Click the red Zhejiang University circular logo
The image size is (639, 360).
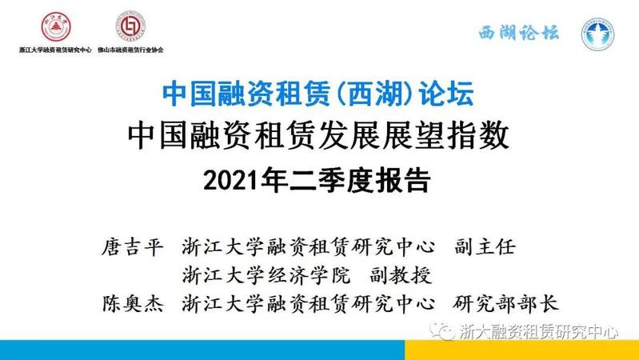(56, 26)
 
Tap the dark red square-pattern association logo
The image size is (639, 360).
(130, 26)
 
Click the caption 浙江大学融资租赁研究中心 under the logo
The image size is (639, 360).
(55, 50)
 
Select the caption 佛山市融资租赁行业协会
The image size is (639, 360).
(130, 50)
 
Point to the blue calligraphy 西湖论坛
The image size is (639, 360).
(519, 33)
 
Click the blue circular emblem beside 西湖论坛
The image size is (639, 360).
(597, 34)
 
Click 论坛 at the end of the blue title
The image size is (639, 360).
(446, 94)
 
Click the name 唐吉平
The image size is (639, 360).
(133, 247)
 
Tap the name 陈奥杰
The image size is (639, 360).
(133, 304)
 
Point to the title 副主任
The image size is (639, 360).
(485, 247)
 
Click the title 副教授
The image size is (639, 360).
(401, 276)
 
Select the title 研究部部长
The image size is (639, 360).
(505, 304)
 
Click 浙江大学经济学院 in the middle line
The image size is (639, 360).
(266, 276)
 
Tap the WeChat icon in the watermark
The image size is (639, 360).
(442, 330)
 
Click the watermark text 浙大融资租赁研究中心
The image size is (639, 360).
(539, 331)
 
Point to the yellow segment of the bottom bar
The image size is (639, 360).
(521, 350)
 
